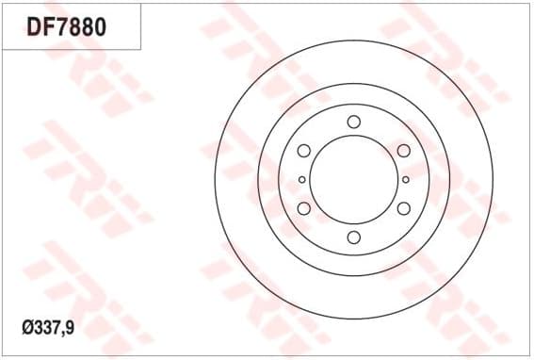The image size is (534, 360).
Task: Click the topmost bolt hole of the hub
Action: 354,122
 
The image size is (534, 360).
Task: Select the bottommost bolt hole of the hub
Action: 354,237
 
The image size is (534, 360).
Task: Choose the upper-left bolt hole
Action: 304,151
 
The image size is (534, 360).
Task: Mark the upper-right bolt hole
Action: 404,151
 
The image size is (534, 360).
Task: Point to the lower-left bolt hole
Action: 304,208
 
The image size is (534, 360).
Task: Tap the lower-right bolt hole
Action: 404,208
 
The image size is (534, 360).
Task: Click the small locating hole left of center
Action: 301,179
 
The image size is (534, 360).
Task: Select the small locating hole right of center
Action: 406,179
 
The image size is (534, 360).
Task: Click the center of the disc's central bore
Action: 354,179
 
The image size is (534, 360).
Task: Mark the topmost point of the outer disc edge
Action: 354,40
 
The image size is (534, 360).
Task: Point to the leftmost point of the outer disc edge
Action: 215,179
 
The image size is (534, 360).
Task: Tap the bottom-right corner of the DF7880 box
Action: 141,49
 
